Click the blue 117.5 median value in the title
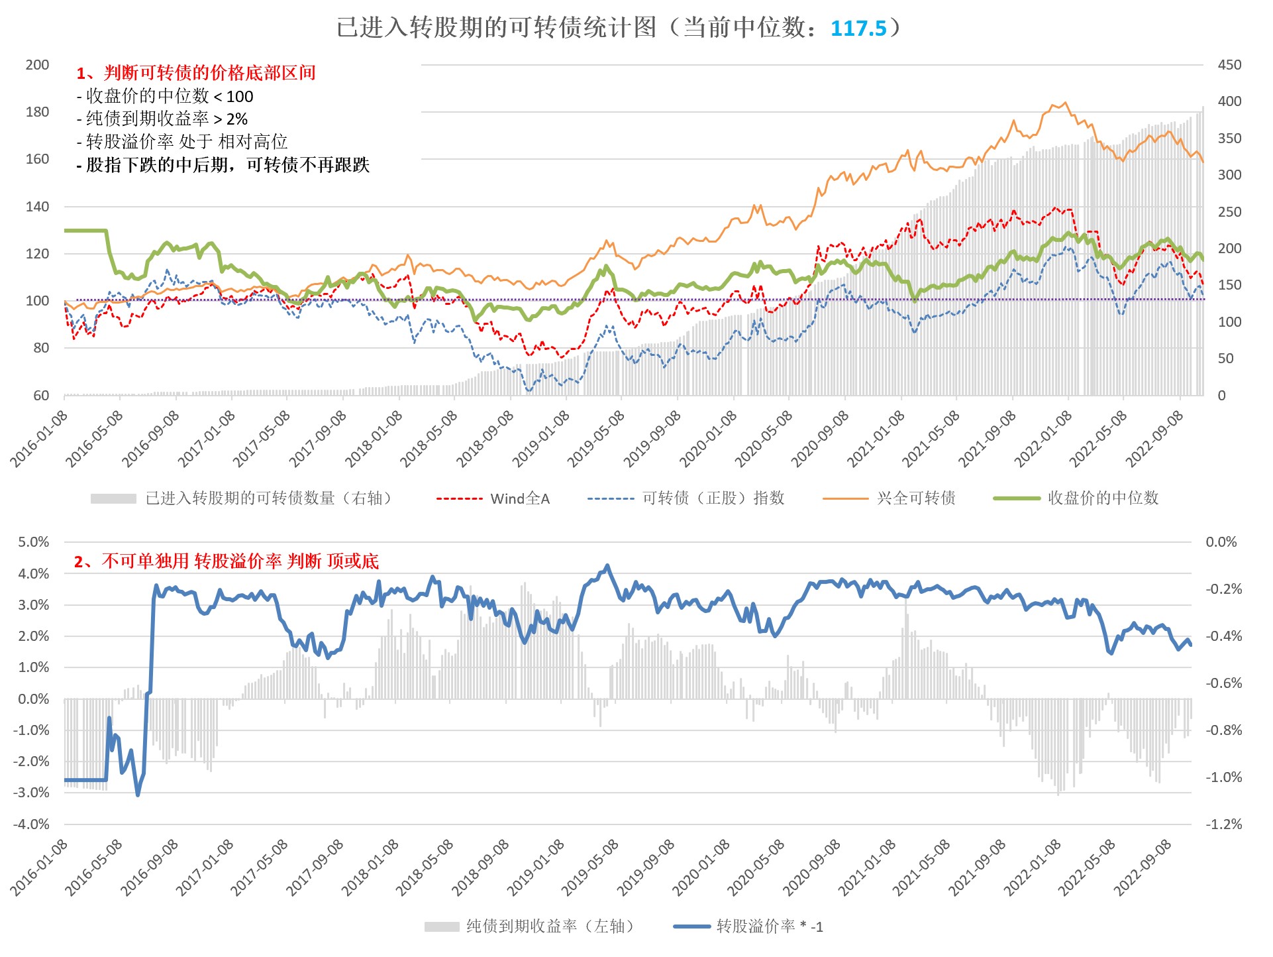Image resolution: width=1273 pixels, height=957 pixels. [x=858, y=28]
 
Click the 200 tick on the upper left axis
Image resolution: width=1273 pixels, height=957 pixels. [x=37, y=65]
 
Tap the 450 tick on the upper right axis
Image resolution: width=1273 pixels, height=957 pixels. [x=1229, y=65]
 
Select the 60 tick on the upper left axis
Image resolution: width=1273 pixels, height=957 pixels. [x=41, y=396]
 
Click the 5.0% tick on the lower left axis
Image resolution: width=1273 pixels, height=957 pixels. [x=34, y=542]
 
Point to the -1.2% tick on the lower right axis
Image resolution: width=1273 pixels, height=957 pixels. [x=1223, y=824]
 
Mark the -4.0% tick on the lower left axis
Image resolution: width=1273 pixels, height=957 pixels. [x=32, y=824]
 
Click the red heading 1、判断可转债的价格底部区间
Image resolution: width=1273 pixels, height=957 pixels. [x=196, y=73]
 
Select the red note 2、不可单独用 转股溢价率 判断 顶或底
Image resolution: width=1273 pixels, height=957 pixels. [x=227, y=562]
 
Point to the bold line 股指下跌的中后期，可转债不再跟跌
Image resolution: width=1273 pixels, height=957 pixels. [x=223, y=165]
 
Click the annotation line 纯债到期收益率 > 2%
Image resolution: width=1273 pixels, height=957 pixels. [x=162, y=119]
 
